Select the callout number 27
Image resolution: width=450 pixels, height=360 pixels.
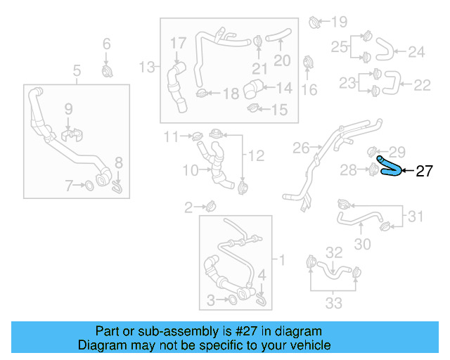pos(425,171)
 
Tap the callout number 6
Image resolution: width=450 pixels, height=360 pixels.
pos(107,45)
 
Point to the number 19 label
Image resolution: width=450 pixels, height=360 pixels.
pos(340,21)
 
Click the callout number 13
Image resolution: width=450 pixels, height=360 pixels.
pos(146,67)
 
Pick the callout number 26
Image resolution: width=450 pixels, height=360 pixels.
pos(301,148)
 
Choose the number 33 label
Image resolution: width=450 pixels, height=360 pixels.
pos(334,303)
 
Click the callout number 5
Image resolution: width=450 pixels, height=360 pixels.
pos(77,70)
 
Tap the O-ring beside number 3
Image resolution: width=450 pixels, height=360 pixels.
pos(231,301)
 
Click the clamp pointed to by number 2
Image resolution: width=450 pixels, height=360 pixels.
pos(210,206)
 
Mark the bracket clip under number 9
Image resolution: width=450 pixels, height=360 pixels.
pos(70,133)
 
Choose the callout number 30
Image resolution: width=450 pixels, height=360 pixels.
pos(361,244)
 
